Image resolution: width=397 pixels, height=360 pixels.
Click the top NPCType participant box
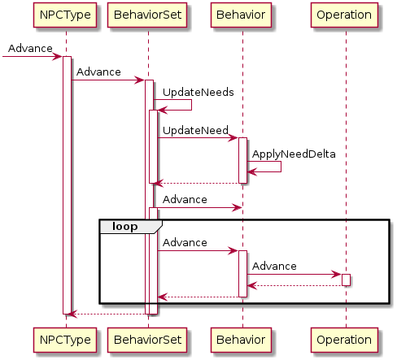[x=65, y=15]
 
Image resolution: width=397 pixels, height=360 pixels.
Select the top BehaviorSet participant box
[x=147, y=15]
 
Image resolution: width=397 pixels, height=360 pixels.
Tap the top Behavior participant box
[x=241, y=15]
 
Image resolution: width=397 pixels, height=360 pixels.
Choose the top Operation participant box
[x=344, y=15]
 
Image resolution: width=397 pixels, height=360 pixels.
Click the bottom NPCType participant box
[x=65, y=340]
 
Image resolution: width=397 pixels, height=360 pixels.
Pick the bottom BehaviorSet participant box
[x=147, y=340]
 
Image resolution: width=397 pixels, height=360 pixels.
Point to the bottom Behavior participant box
[x=241, y=340]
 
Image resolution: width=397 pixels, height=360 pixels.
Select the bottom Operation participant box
[x=344, y=340]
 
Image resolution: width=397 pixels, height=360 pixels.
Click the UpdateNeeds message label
[x=198, y=93]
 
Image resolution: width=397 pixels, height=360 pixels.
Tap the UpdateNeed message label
[x=195, y=131]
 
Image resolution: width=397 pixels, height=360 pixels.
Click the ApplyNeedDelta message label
[x=294, y=154]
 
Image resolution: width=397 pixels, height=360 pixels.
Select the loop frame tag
[x=131, y=227]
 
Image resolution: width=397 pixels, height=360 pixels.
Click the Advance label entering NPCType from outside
[x=30, y=49]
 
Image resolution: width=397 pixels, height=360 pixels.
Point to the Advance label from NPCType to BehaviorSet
[x=98, y=72]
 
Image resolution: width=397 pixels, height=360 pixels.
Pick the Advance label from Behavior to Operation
[x=274, y=267]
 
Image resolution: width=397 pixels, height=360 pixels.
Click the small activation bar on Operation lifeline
[x=346, y=280]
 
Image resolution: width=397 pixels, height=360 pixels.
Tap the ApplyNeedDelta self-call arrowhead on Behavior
[x=252, y=171]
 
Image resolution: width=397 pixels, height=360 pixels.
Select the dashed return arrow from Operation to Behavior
[x=294, y=285]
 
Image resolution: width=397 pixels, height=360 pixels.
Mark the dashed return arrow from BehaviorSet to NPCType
[x=107, y=314]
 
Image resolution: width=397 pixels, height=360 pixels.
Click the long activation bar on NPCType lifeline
[x=67, y=185]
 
